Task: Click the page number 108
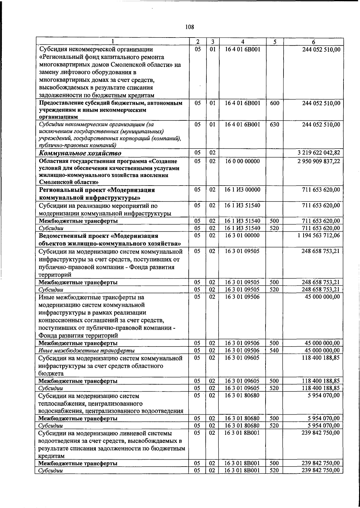(190, 27)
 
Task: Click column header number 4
(242, 42)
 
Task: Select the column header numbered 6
(313, 42)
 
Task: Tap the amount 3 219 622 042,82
(319, 153)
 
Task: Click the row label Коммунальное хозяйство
(80, 153)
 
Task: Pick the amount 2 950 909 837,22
(319, 161)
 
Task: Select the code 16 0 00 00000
(242, 161)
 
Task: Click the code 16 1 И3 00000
(242, 190)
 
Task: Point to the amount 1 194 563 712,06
(319, 235)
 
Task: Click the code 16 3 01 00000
(242, 235)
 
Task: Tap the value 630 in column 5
(274, 124)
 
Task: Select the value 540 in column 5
(274, 350)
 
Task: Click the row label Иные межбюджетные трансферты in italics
(86, 351)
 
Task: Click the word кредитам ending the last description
(52, 456)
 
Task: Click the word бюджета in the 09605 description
(51, 373)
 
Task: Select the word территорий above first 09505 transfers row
(55, 275)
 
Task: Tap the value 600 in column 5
(274, 103)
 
